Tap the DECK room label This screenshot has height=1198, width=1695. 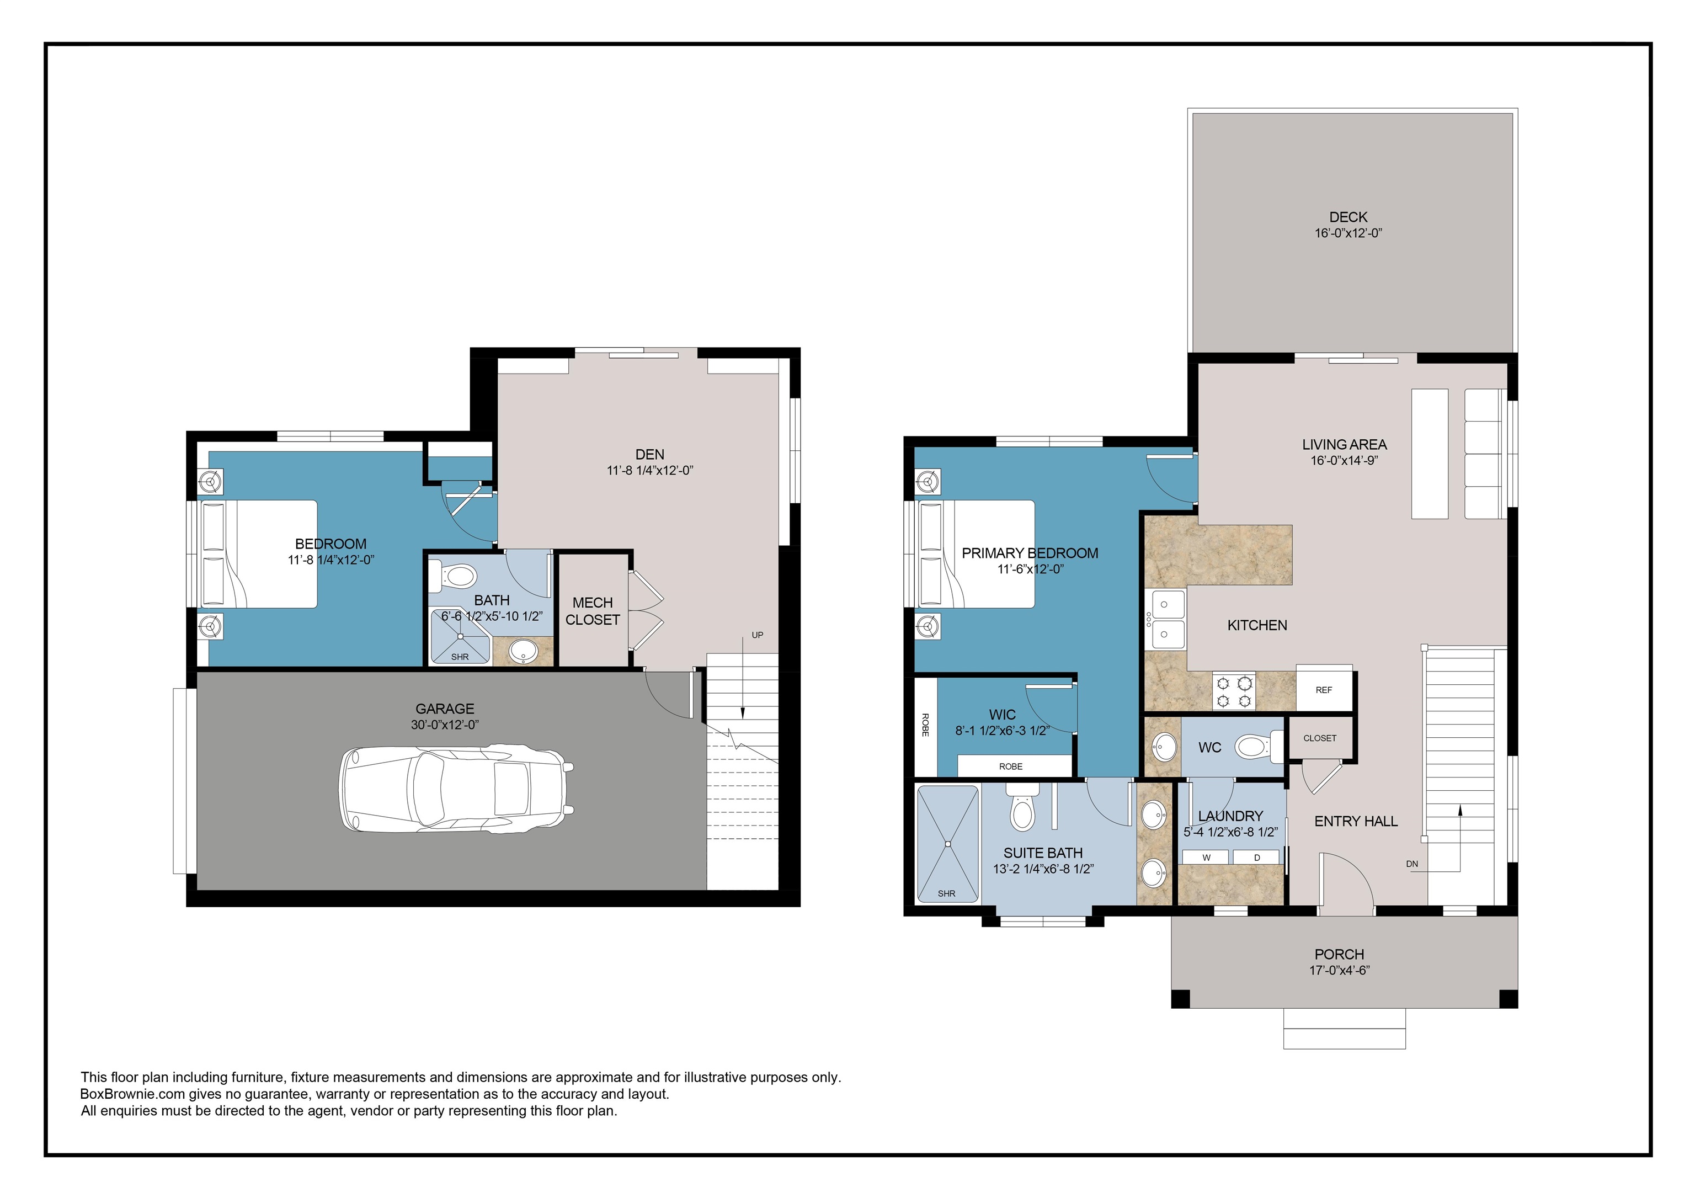tap(1348, 217)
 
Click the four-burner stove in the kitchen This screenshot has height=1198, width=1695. tap(1234, 691)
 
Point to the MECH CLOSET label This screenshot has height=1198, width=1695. tap(592, 611)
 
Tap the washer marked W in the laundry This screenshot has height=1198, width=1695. tap(1206, 857)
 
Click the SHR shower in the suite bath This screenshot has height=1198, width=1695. tap(947, 844)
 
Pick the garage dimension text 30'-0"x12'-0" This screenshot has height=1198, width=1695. tap(444, 725)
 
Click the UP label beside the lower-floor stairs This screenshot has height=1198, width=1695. tap(756, 635)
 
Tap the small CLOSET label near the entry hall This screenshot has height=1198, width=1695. tap(1319, 738)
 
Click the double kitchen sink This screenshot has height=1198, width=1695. tap(1165, 619)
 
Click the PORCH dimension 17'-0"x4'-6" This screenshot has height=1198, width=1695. tap(1339, 971)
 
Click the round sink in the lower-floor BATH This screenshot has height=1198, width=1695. tap(524, 652)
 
